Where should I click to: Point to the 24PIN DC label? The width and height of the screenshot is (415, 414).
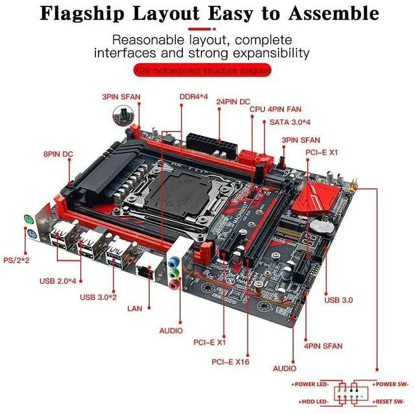(233, 102)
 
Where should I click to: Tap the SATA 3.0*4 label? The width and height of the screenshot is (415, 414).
(290, 122)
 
